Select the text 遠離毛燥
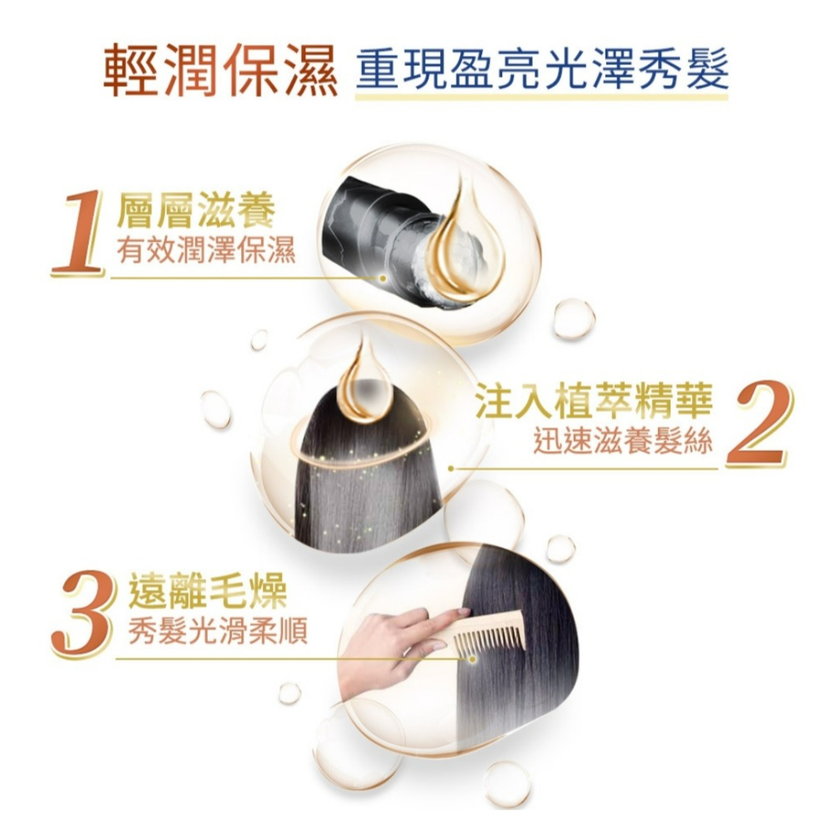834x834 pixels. (207, 593)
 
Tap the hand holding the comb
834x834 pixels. (392, 646)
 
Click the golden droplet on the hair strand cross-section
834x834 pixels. (471, 250)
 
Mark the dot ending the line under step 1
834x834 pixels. (384, 278)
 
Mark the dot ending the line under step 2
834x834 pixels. (450, 469)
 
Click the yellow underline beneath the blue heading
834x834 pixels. (541, 98)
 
